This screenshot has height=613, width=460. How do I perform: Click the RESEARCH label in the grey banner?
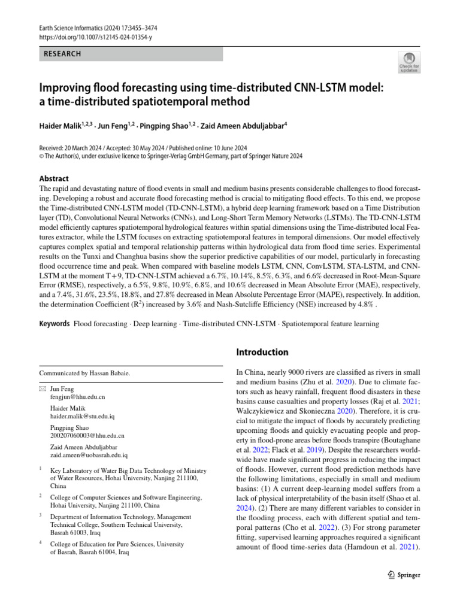click(x=62, y=54)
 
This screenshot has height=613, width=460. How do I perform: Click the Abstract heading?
click(x=54, y=178)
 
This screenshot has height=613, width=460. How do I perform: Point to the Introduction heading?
click(x=262, y=352)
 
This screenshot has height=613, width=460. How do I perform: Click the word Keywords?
click(x=54, y=324)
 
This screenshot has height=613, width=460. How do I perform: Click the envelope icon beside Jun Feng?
click(x=42, y=389)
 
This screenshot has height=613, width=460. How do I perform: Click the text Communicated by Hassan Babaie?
click(x=84, y=373)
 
